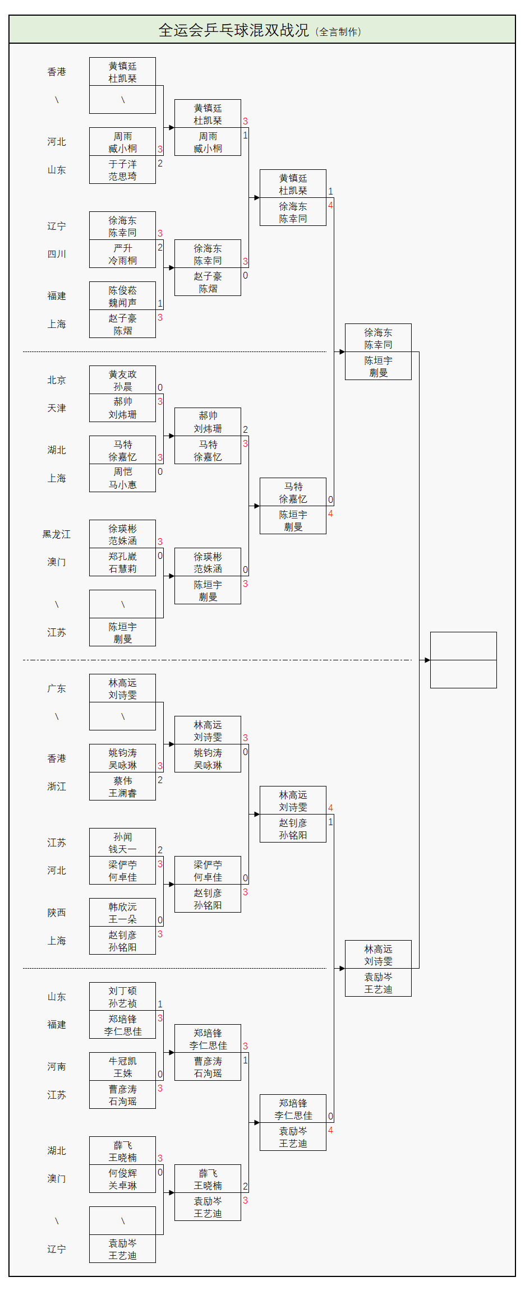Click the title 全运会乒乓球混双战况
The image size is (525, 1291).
233,30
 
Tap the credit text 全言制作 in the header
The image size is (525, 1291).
339,32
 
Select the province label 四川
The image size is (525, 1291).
57,254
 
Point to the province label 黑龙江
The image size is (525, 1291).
57,534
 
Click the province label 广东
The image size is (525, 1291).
57,688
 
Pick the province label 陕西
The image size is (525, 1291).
57,913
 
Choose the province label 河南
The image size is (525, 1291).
57,1067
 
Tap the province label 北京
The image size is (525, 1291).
57,380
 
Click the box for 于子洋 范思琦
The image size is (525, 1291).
122,170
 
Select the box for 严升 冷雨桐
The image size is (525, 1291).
122,254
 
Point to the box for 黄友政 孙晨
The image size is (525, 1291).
122,380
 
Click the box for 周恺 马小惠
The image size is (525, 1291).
122,478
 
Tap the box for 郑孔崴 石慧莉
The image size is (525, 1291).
122,562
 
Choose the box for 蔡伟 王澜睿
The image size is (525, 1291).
122,786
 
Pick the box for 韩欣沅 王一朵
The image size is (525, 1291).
122,913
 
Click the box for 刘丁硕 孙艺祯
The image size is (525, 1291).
122,997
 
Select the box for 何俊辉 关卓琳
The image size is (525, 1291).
122,1179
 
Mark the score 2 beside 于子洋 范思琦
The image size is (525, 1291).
160,163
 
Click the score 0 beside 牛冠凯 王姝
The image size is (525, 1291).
160,1074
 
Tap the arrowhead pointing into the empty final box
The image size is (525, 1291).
427,660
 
